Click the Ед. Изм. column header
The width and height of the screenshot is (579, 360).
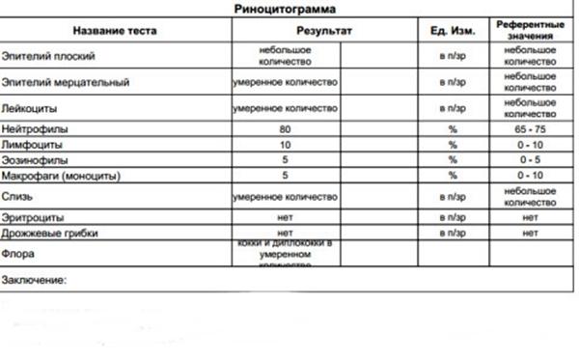tap(453, 32)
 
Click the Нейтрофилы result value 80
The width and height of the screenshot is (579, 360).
tap(285, 128)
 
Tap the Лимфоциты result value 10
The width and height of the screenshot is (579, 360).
tap(285, 144)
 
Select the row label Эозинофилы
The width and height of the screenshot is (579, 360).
tap(35, 159)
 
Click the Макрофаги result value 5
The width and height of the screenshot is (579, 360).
tap(285, 176)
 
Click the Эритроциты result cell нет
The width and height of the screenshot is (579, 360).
tap(285, 217)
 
